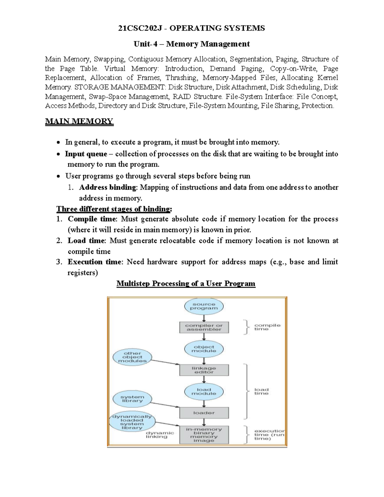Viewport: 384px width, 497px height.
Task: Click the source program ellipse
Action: [x=204, y=306]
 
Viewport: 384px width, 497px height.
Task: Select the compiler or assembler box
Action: [x=204, y=327]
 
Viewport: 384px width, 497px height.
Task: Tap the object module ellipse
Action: [x=204, y=349]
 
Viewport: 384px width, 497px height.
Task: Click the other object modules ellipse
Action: [x=132, y=357]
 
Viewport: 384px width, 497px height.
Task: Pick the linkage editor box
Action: [x=204, y=370]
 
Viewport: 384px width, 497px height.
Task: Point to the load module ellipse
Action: [x=204, y=392]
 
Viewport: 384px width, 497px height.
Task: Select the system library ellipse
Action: [x=132, y=399]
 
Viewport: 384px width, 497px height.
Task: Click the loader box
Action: [x=204, y=413]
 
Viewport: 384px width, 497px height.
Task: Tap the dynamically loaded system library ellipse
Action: [x=132, y=422]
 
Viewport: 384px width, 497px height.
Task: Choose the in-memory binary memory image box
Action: [x=204, y=435]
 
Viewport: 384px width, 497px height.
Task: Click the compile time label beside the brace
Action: [x=267, y=327]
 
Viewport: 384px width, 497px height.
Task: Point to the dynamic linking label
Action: [x=160, y=435]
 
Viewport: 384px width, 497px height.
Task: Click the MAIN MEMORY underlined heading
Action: [x=79, y=121]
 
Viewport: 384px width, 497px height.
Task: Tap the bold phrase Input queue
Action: [x=86, y=154]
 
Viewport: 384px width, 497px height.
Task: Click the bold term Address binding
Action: [x=108, y=187]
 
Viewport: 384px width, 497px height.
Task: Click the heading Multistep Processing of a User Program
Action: [x=186, y=284]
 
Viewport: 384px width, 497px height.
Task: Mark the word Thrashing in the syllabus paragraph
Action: [x=181, y=78]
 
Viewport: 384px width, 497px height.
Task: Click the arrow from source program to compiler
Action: [x=204, y=318]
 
